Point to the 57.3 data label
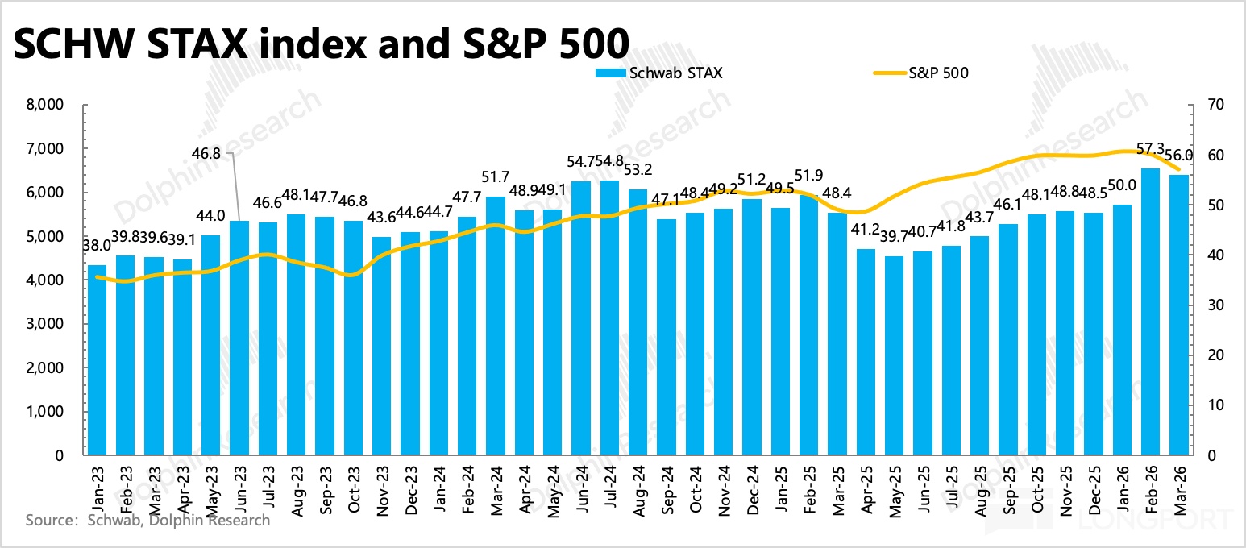coord(1149,150)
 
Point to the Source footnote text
coord(147,520)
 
